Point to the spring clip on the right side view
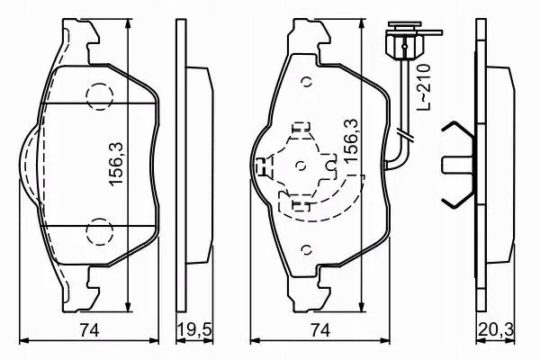tap(459, 165)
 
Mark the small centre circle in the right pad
tap(301, 167)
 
